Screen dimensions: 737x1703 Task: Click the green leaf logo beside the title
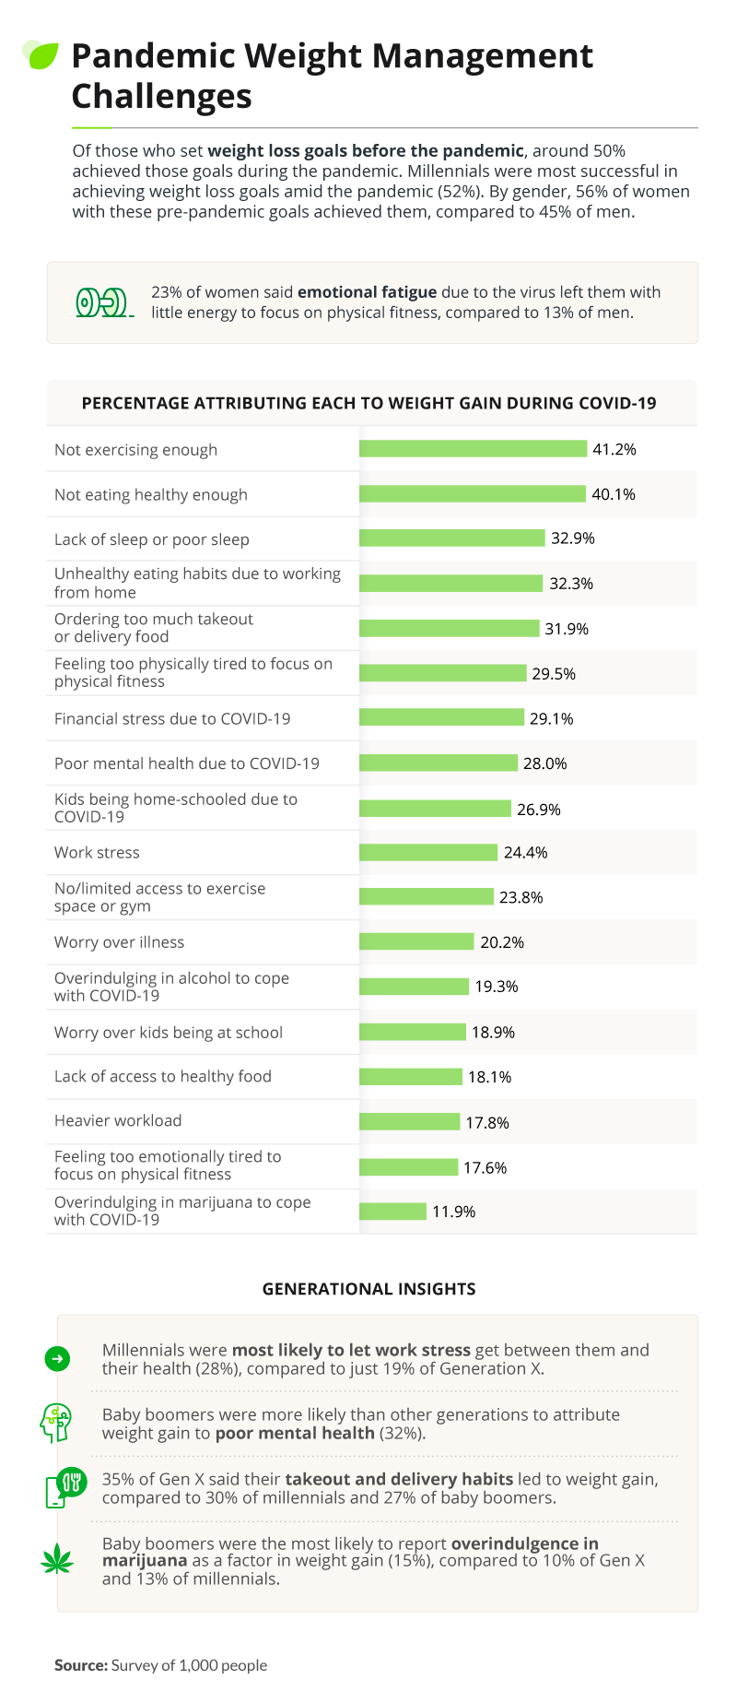(x=41, y=55)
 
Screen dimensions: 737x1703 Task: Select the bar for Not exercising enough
(x=473, y=449)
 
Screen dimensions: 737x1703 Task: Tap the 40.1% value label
(x=614, y=494)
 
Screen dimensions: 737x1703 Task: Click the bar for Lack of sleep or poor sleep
(x=452, y=538)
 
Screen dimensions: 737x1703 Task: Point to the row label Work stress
(x=97, y=853)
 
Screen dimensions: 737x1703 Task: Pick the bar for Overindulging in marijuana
(x=392, y=1212)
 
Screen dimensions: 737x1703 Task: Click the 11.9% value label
(x=454, y=1212)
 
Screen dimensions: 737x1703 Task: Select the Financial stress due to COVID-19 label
(x=172, y=718)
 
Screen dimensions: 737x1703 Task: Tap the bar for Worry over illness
(x=416, y=941)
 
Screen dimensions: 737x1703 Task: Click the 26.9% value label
(x=539, y=810)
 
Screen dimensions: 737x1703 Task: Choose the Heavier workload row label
(x=118, y=1120)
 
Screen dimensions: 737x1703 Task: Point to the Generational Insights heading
(x=369, y=1289)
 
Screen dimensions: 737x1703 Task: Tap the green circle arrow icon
(x=57, y=1358)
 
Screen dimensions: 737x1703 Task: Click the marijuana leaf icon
(x=57, y=1560)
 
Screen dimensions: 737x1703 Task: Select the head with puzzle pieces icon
(x=56, y=1423)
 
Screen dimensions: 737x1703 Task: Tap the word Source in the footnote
(x=81, y=1665)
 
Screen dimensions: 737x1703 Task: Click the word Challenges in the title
(x=161, y=96)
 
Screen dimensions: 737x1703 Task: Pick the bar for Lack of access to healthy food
(x=411, y=1077)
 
